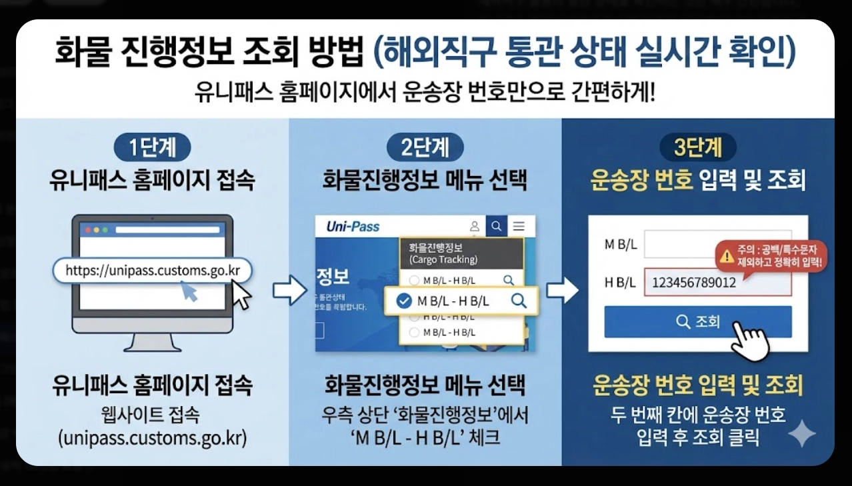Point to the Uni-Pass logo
pyautogui.click(x=353, y=227)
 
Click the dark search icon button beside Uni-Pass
pyautogui.click(x=496, y=227)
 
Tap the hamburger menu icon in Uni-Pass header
pyautogui.click(x=519, y=227)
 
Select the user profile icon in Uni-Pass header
pyautogui.click(x=475, y=227)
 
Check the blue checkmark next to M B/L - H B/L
pyautogui.click(x=403, y=301)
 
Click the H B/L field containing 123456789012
pyautogui.click(x=717, y=283)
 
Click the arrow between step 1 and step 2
pyautogui.click(x=289, y=291)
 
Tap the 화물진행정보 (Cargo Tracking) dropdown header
pyautogui.click(x=461, y=253)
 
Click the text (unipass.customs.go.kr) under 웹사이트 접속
pyautogui.click(x=152, y=438)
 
